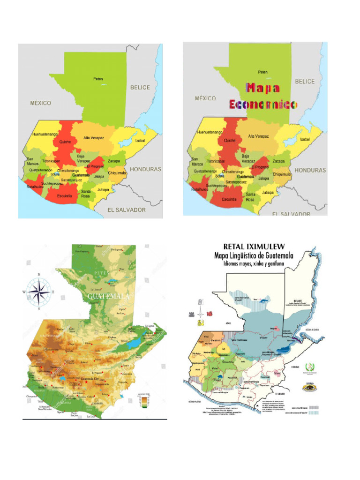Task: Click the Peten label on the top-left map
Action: (97, 79)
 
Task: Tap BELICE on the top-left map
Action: (140, 88)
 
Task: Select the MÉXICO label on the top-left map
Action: (40, 103)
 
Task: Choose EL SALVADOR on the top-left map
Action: (127, 210)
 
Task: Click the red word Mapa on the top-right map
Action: (263, 88)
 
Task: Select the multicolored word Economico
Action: (263, 105)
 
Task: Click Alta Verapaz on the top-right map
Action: (258, 136)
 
